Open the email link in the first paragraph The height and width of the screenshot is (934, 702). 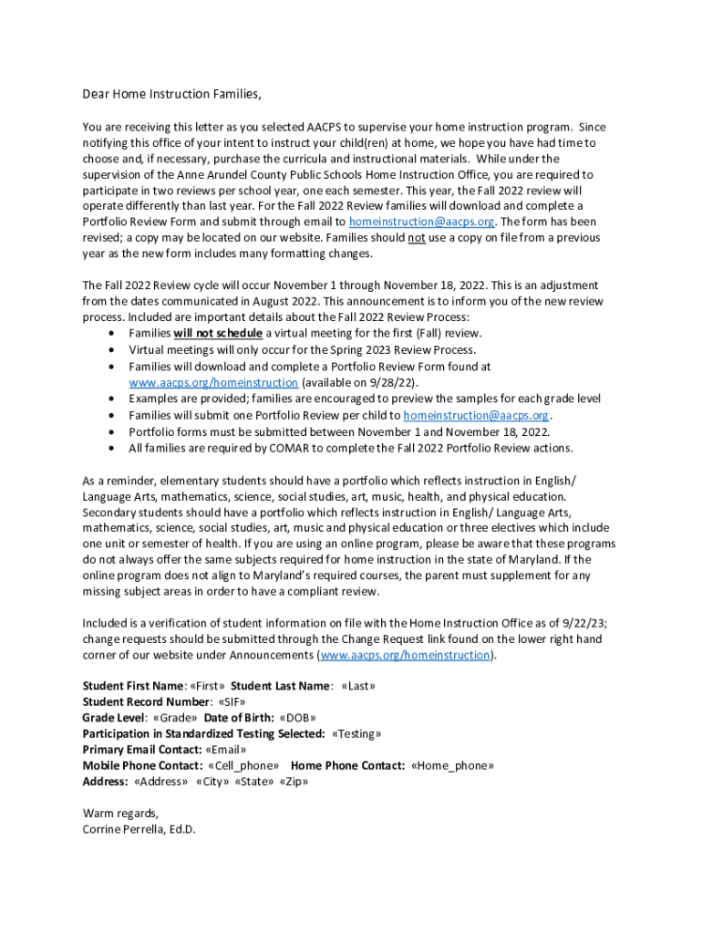coord(422,222)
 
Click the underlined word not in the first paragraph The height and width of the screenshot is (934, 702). coord(417,238)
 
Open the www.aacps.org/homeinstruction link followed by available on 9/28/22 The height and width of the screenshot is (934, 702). coord(213,382)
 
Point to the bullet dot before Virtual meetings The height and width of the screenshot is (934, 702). coord(111,350)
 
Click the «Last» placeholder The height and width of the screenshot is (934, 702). coord(358,686)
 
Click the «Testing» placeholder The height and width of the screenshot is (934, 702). coord(356,734)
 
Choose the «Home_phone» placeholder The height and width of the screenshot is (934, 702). coord(453,766)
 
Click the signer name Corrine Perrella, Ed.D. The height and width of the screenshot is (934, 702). coord(139,830)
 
